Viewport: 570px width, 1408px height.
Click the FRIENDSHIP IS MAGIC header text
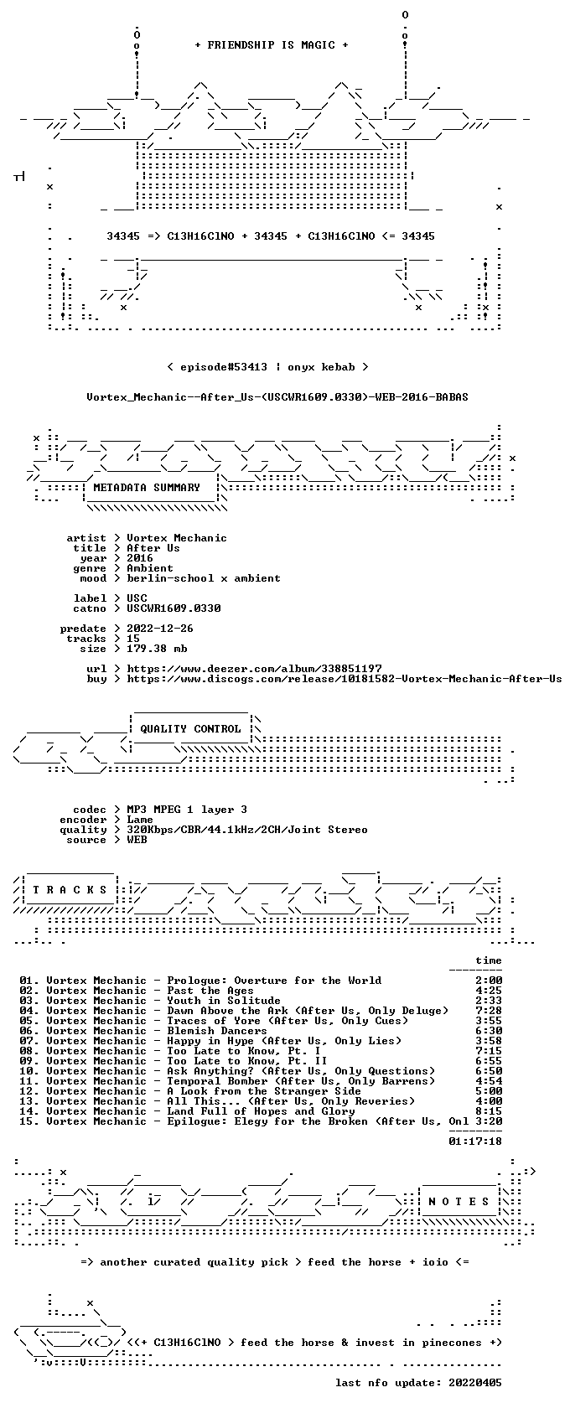pos(271,45)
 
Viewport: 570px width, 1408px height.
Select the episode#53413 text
pos(223,367)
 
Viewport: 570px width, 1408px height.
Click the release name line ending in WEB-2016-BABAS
pos(277,397)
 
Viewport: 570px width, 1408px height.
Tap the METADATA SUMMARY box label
pos(147,488)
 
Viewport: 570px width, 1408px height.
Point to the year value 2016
pos(139,558)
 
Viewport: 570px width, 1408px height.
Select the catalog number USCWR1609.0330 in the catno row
pos(174,608)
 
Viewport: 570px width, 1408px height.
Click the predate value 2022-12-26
pos(159,629)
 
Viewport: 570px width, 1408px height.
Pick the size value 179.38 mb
pos(157,649)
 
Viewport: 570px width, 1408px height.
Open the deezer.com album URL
pos(254,669)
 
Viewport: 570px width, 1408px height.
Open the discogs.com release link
pos(345,679)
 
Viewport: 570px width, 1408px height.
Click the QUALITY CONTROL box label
pos(190,729)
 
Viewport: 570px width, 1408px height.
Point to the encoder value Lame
pos(139,820)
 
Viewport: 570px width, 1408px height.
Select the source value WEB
pos(137,840)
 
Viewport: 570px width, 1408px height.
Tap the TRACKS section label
pos(70,890)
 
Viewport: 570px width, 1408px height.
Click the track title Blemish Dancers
pos(217,1031)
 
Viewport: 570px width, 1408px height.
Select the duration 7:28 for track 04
pos(489,1011)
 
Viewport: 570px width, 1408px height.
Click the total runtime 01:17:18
pos(475,1141)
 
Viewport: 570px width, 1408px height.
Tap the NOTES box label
pos(459,1202)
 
